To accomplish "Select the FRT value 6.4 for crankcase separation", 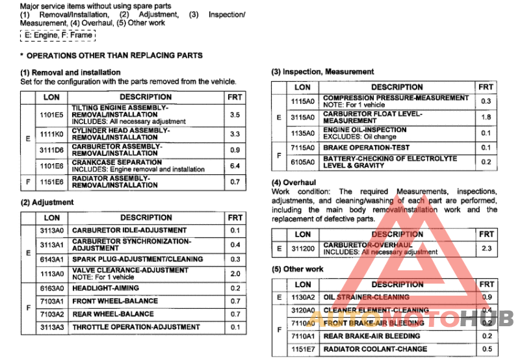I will coord(235,166).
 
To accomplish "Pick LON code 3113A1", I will coord(51,245).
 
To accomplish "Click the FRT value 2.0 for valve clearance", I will coord(235,274).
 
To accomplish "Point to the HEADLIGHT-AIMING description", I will coord(104,289).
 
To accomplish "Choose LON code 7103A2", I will coord(51,315).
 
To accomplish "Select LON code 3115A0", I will coord(303,118).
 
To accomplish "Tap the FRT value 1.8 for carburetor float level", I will coord(486,118).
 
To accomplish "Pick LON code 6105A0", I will coord(303,162).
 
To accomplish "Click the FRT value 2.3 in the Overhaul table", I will coord(486,249).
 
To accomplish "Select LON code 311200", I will coord(303,249).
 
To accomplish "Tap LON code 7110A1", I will coord(303,337).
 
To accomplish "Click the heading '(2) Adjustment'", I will coord(47,203).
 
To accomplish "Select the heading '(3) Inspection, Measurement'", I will coord(322,71).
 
